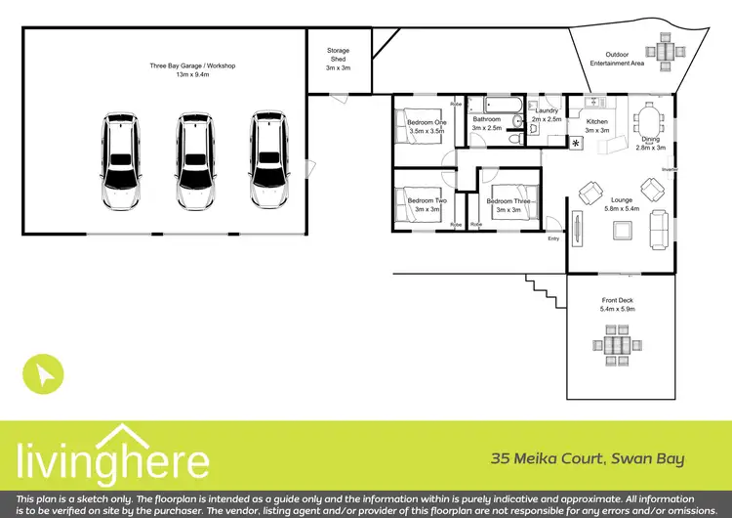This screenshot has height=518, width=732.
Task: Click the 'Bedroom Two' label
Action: point(427,200)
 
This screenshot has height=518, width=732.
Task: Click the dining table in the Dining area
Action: point(649,124)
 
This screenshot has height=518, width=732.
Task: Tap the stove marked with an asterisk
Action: point(575,144)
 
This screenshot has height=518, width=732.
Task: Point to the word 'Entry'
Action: point(554,237)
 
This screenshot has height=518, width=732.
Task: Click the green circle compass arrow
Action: point(44,372)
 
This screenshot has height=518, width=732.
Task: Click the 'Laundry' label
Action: point(547,110)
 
